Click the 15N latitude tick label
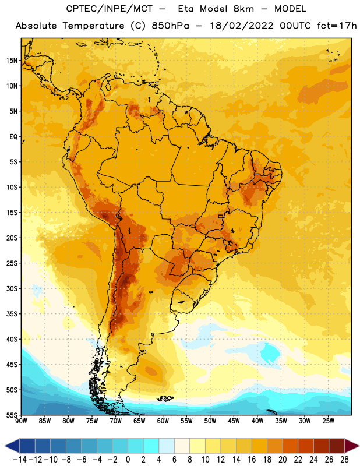pyautogui.click(x=12, y=61)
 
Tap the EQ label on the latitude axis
pyautogui.click(x=13, y=137)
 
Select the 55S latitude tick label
pyautogui.click(x=12, y=415)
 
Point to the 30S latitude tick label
pyautogui.click(x=12, y=288)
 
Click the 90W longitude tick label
pyautogui.click(x=21, y=421)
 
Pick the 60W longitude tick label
pyautogui.click(x=163, y=421)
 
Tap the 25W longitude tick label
pyautogui.click(x=328, y=421)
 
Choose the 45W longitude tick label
pyautogui.click(x=234, y=421)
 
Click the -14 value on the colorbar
pyautogui.click(x=20, y=460)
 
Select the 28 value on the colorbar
pyautogui.click(x=344, y=460)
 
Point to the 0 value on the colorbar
pyautogui.click(x=128, y=460)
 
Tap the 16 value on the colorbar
pyautogui.click(x=252, y=460)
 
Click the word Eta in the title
pyautogui.click(x=186, y=9)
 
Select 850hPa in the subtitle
pyautogui.click(x=170, y=26)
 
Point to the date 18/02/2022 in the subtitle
pyautogui.click(x=242, y=26)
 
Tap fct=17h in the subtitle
pyautogui.click(x=337, y=26)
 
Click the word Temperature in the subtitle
pyautogui.click(x=94, y=26)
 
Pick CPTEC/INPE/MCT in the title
pyautogui.click(x=110, y=9)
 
